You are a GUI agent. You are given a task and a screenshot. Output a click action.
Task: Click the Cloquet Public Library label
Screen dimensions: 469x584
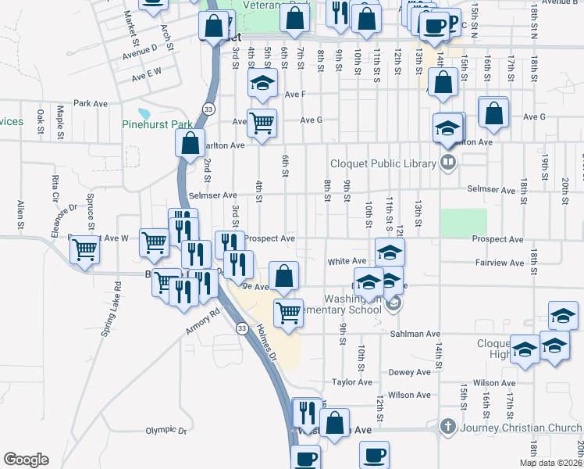(376, 163)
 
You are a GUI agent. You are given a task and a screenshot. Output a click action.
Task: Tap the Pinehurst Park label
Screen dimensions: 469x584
(157, 124)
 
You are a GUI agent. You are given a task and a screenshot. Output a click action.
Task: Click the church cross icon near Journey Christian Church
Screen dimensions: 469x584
(447, 426)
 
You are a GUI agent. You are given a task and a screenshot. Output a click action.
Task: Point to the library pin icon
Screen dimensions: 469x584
(448, 163)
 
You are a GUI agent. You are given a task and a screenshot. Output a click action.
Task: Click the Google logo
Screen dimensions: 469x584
(26, 460)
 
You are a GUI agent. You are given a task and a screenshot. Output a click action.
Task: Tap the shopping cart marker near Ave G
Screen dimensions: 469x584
(262, 123)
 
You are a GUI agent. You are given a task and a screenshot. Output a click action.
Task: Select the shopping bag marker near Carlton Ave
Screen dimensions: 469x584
(190, 144)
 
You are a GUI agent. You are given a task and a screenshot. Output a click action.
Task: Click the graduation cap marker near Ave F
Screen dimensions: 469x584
(263, 83)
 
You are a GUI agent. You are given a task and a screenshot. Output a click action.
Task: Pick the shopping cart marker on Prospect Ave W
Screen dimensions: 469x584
(84, 251)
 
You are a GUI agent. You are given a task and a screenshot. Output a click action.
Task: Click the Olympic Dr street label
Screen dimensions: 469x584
(166, 431)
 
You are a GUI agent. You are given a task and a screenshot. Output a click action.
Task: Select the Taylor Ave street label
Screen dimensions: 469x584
(352, 382)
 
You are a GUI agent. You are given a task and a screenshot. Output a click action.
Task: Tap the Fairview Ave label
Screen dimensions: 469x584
(500, 263)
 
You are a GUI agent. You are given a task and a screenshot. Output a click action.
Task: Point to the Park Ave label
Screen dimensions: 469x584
(90, 103)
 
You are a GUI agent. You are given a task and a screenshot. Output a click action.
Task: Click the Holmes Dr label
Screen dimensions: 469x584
(266, 342)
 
